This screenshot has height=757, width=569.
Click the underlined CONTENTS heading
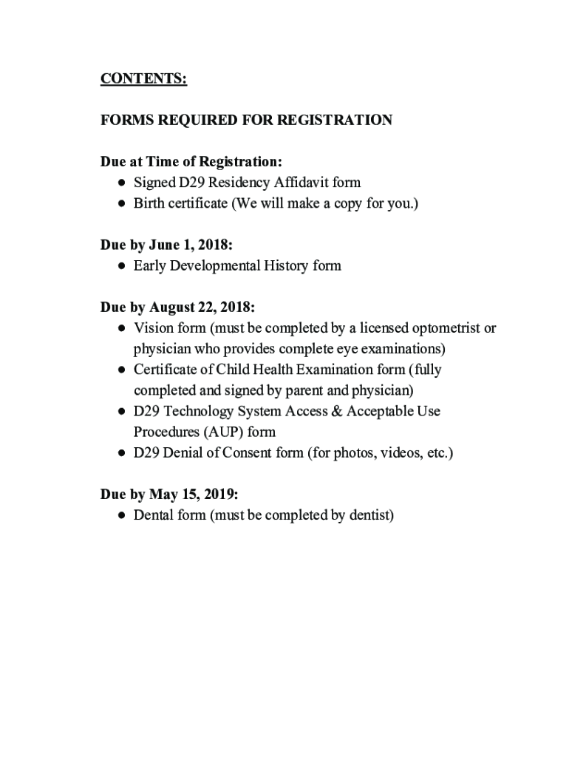pos(143,79)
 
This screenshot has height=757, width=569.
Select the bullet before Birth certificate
pos(120,203)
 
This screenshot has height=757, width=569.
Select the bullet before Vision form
pos(120,327)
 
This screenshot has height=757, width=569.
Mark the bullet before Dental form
pos(120,515)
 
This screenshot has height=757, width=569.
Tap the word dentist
pos(369,515)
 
